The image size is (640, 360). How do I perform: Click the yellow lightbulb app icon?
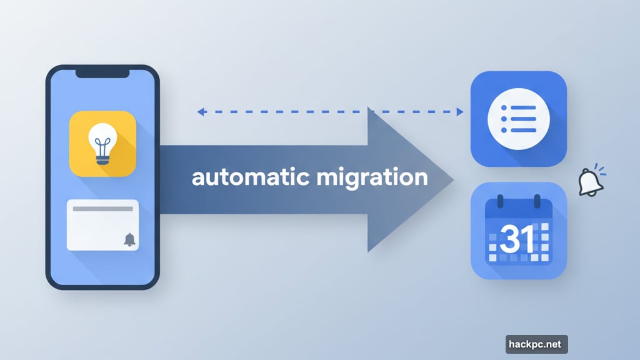[x=102, y=143]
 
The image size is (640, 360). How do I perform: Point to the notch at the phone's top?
[x=102, y=73]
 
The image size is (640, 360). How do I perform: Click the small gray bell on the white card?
[x=129, y=239]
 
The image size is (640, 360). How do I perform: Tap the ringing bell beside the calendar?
[x=590, y=182]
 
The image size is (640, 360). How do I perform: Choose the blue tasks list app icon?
[x=518, y=119]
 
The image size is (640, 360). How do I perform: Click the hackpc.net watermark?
[x=536, y=344]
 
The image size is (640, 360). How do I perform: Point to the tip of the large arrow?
[x=452, y=179]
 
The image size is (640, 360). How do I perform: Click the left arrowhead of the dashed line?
[x=201, y=112]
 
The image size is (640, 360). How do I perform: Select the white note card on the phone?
[x=102, y=225]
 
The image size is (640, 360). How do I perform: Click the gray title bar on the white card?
[x=102, y=208]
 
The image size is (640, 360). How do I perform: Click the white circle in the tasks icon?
[x=518, y=119]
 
